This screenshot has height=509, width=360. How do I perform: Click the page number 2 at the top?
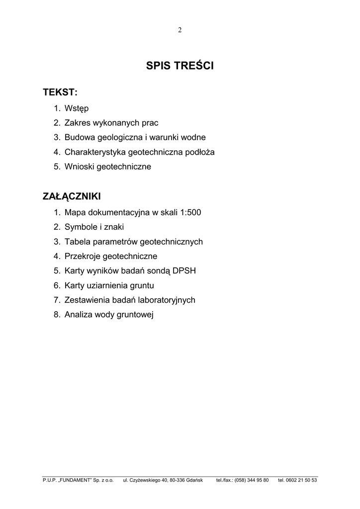tap(180, 30)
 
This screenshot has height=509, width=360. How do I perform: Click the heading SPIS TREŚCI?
tap(180, 66)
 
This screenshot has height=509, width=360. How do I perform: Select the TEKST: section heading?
tap(60, 93)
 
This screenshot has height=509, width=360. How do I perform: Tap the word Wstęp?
tap(77, 108)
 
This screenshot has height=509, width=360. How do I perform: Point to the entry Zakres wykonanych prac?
tap(111, 123)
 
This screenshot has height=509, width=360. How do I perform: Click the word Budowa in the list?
tap(79, 137)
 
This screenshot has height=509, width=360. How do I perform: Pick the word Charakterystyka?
tap(94, 152)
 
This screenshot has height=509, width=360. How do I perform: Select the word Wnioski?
tap(79, 167)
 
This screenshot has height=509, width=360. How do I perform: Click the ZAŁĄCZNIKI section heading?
tap(72, 196)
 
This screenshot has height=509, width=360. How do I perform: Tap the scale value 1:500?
tap(190, 212)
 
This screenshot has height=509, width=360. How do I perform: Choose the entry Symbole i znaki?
tap(94, 227)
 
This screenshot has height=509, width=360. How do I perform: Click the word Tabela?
tap(76, 242)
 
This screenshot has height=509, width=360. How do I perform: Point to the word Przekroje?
tap(82, 256)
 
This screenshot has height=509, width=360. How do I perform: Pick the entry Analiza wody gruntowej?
tap(109, 315)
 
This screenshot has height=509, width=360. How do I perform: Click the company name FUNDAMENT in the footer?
tap(74, 480)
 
